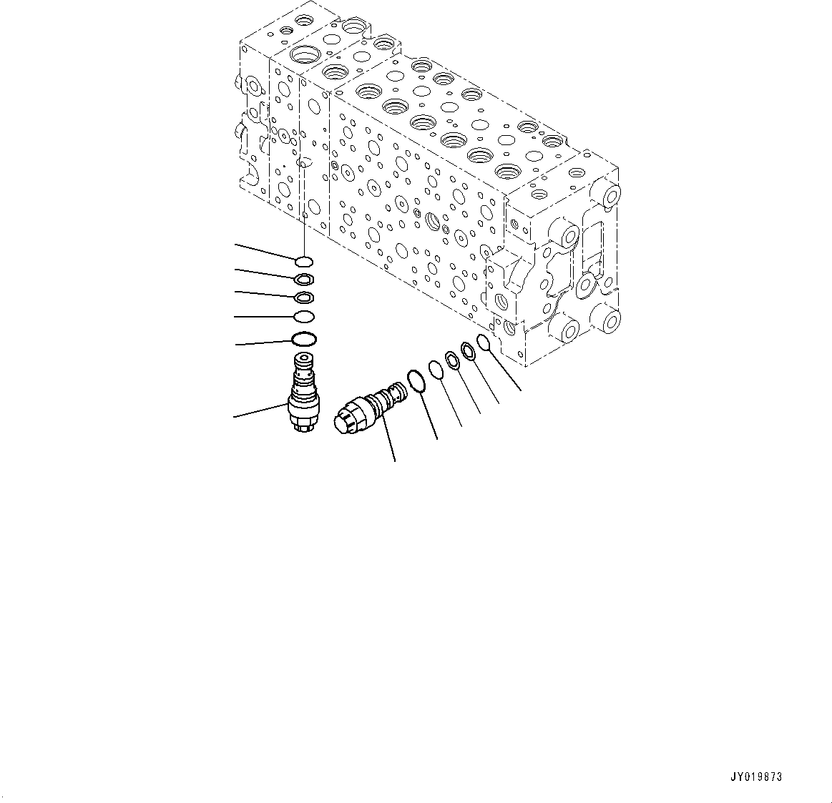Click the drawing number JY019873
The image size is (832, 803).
[756, 777]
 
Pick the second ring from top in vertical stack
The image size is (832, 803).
[303, 279]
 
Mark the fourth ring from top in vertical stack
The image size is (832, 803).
[303, 316]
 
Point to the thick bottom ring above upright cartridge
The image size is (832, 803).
[303, 338]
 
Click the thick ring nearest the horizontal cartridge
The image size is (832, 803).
[418, 380]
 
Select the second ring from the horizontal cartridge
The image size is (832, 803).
[436, 369]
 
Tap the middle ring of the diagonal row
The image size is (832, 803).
[453, 360]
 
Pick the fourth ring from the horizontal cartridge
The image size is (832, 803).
[468, 350]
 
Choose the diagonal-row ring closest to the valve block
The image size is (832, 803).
[484, 341]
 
